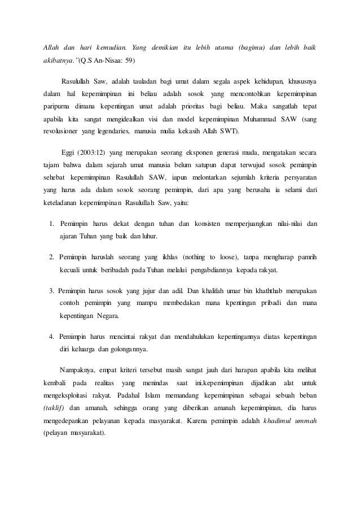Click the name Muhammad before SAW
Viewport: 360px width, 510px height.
click(x=257, y=120)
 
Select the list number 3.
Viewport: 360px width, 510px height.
click(x=52, y=291)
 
